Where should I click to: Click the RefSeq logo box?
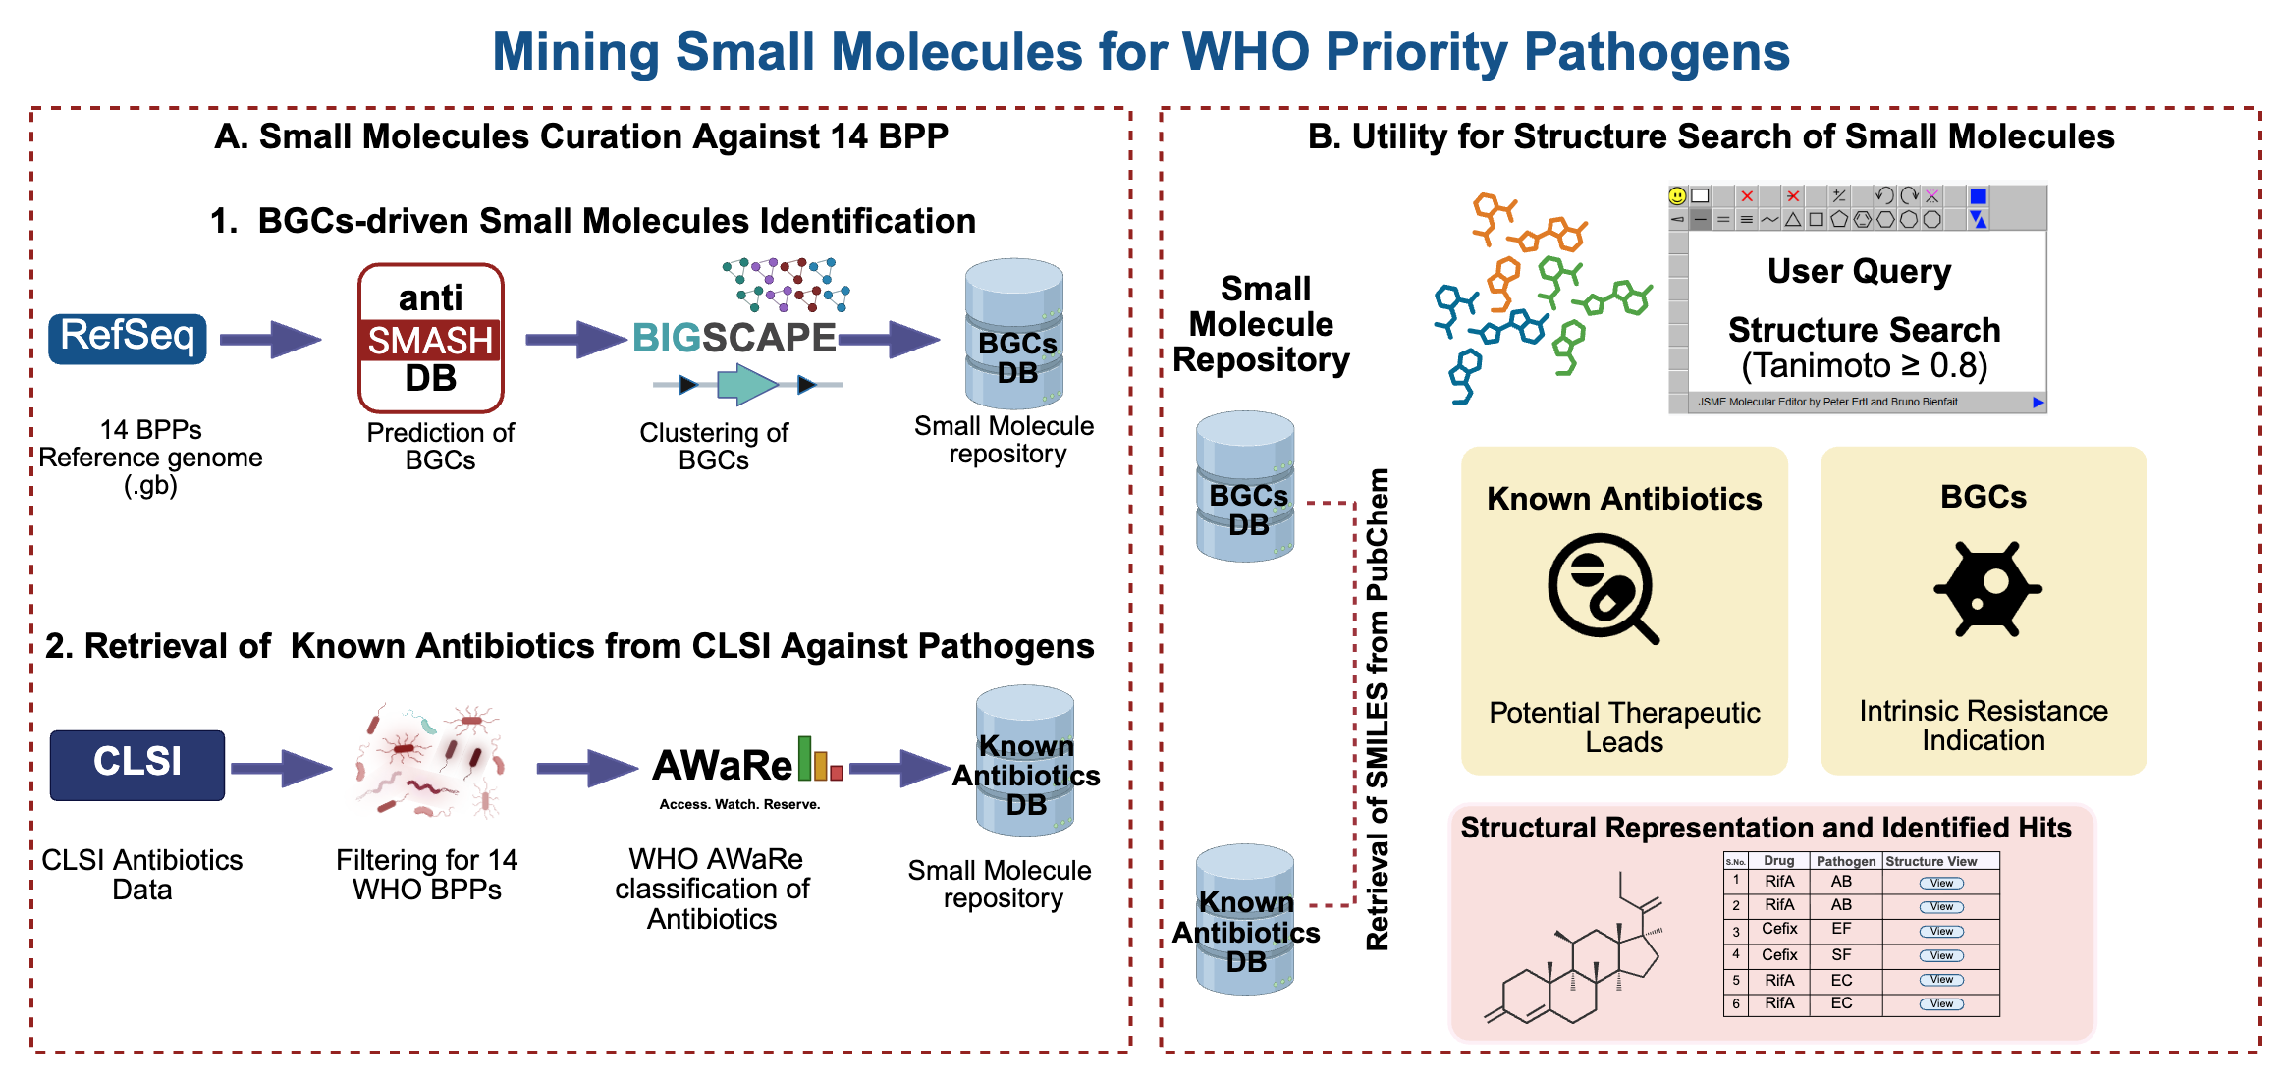click(x=128, y=339)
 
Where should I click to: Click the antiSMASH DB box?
click(x=431, y=339)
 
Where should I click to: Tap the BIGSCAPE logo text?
click(x=734, y=338)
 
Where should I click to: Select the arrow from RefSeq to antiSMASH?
click(x=270, y=340)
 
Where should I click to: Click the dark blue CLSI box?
click(x=137, y=764)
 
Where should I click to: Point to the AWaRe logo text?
click(x=723, y=766)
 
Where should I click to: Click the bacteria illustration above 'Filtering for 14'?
click(x=429, y=761)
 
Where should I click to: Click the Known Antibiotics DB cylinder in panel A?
click(x=1025, y=761)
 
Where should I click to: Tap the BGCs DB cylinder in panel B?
click(x=1245, y=487)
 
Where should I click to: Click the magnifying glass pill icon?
click(x=1601, y=587)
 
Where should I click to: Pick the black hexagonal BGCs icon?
click(x=1987, y=589)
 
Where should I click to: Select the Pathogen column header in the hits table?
click(x=1845, y=861)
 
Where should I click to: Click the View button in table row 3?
click(x=1941, y=931)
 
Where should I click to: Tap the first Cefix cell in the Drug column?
click(x=1779, y=929)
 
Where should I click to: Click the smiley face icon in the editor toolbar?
click(x=1677, y=195)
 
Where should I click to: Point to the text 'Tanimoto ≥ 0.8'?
click(x=1864, y=365)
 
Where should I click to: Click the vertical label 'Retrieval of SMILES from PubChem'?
click(x=1378, y=709)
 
